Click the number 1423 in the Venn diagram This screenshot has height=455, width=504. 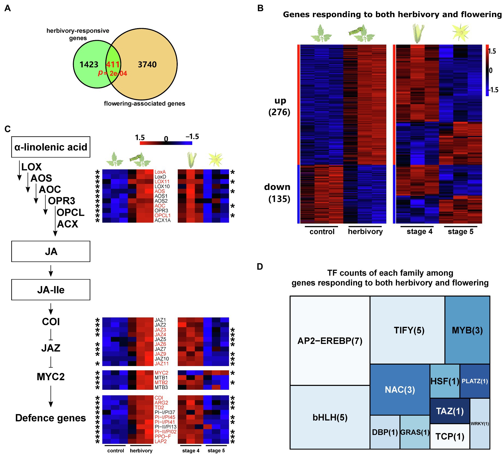tap(89, 64)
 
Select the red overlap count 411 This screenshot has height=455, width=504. tap(112, 64)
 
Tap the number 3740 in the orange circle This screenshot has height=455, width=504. tap(147, 64)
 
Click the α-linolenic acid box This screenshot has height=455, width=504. tap(51, 147)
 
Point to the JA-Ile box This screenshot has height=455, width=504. tap(51, 290)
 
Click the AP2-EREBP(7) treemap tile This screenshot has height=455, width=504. tap(330, 341)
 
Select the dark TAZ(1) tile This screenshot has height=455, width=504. tap(450, 411)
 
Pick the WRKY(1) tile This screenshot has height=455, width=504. tap(480, 424)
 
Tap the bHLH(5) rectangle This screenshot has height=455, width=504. tap(330, 417)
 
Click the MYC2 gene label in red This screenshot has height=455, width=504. tap(161, 373)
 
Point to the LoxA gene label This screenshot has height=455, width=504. tap(160, 172)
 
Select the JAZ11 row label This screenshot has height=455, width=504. tap(162, 364)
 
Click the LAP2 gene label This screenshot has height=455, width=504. tap(161, 441)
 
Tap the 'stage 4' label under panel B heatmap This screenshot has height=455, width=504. tap(419, 231)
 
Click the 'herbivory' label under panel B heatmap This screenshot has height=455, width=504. tap(365, 231)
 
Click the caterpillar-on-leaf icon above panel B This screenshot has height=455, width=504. tap(361, 33)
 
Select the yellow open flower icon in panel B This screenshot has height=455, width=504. tap(461, 33)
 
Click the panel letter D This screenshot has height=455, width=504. tap(260, 266)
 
